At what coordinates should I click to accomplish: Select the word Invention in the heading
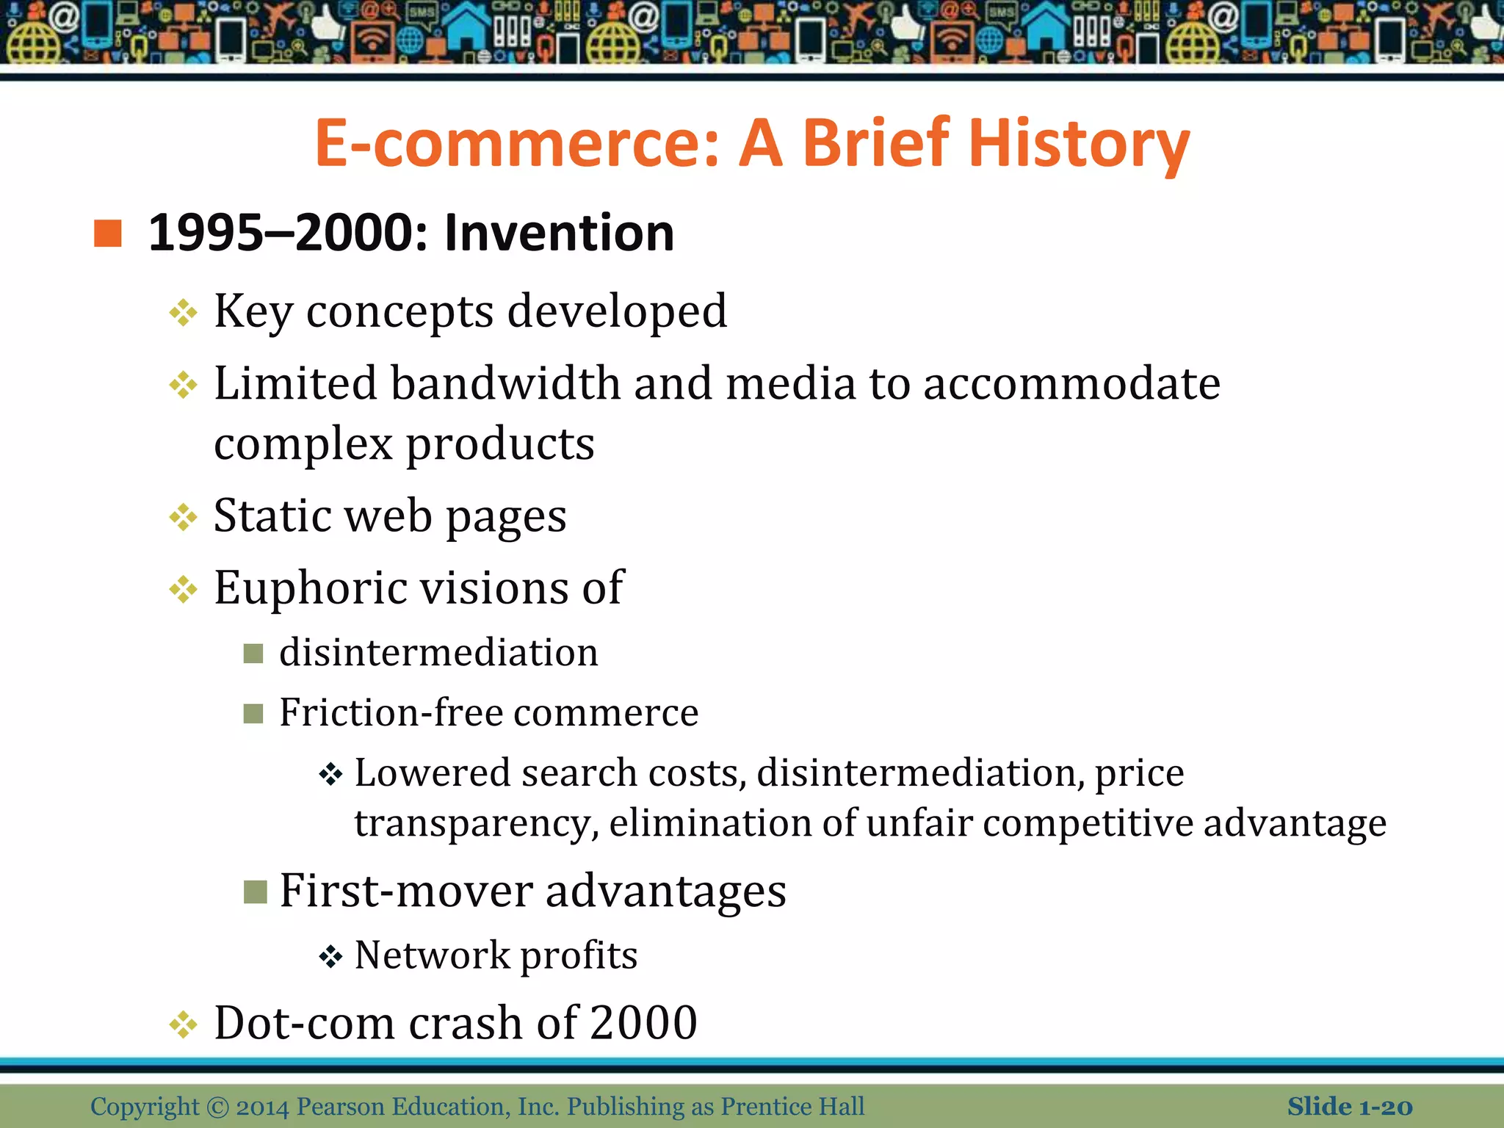click(559, 233)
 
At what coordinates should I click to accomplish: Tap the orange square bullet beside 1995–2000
click(108, 234)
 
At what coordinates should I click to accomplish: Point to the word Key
click(253, 312)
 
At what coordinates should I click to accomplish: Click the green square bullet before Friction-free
click(253, 713)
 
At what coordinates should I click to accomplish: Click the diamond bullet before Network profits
click(331, 957)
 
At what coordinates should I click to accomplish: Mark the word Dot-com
click(304, 1022)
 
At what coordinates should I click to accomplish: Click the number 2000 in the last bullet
click(643, 1022)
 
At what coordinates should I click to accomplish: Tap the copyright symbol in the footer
click(218, 1107)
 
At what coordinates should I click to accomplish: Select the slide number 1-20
click(1385, 1107)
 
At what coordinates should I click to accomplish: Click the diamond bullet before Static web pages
click(183, 518)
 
